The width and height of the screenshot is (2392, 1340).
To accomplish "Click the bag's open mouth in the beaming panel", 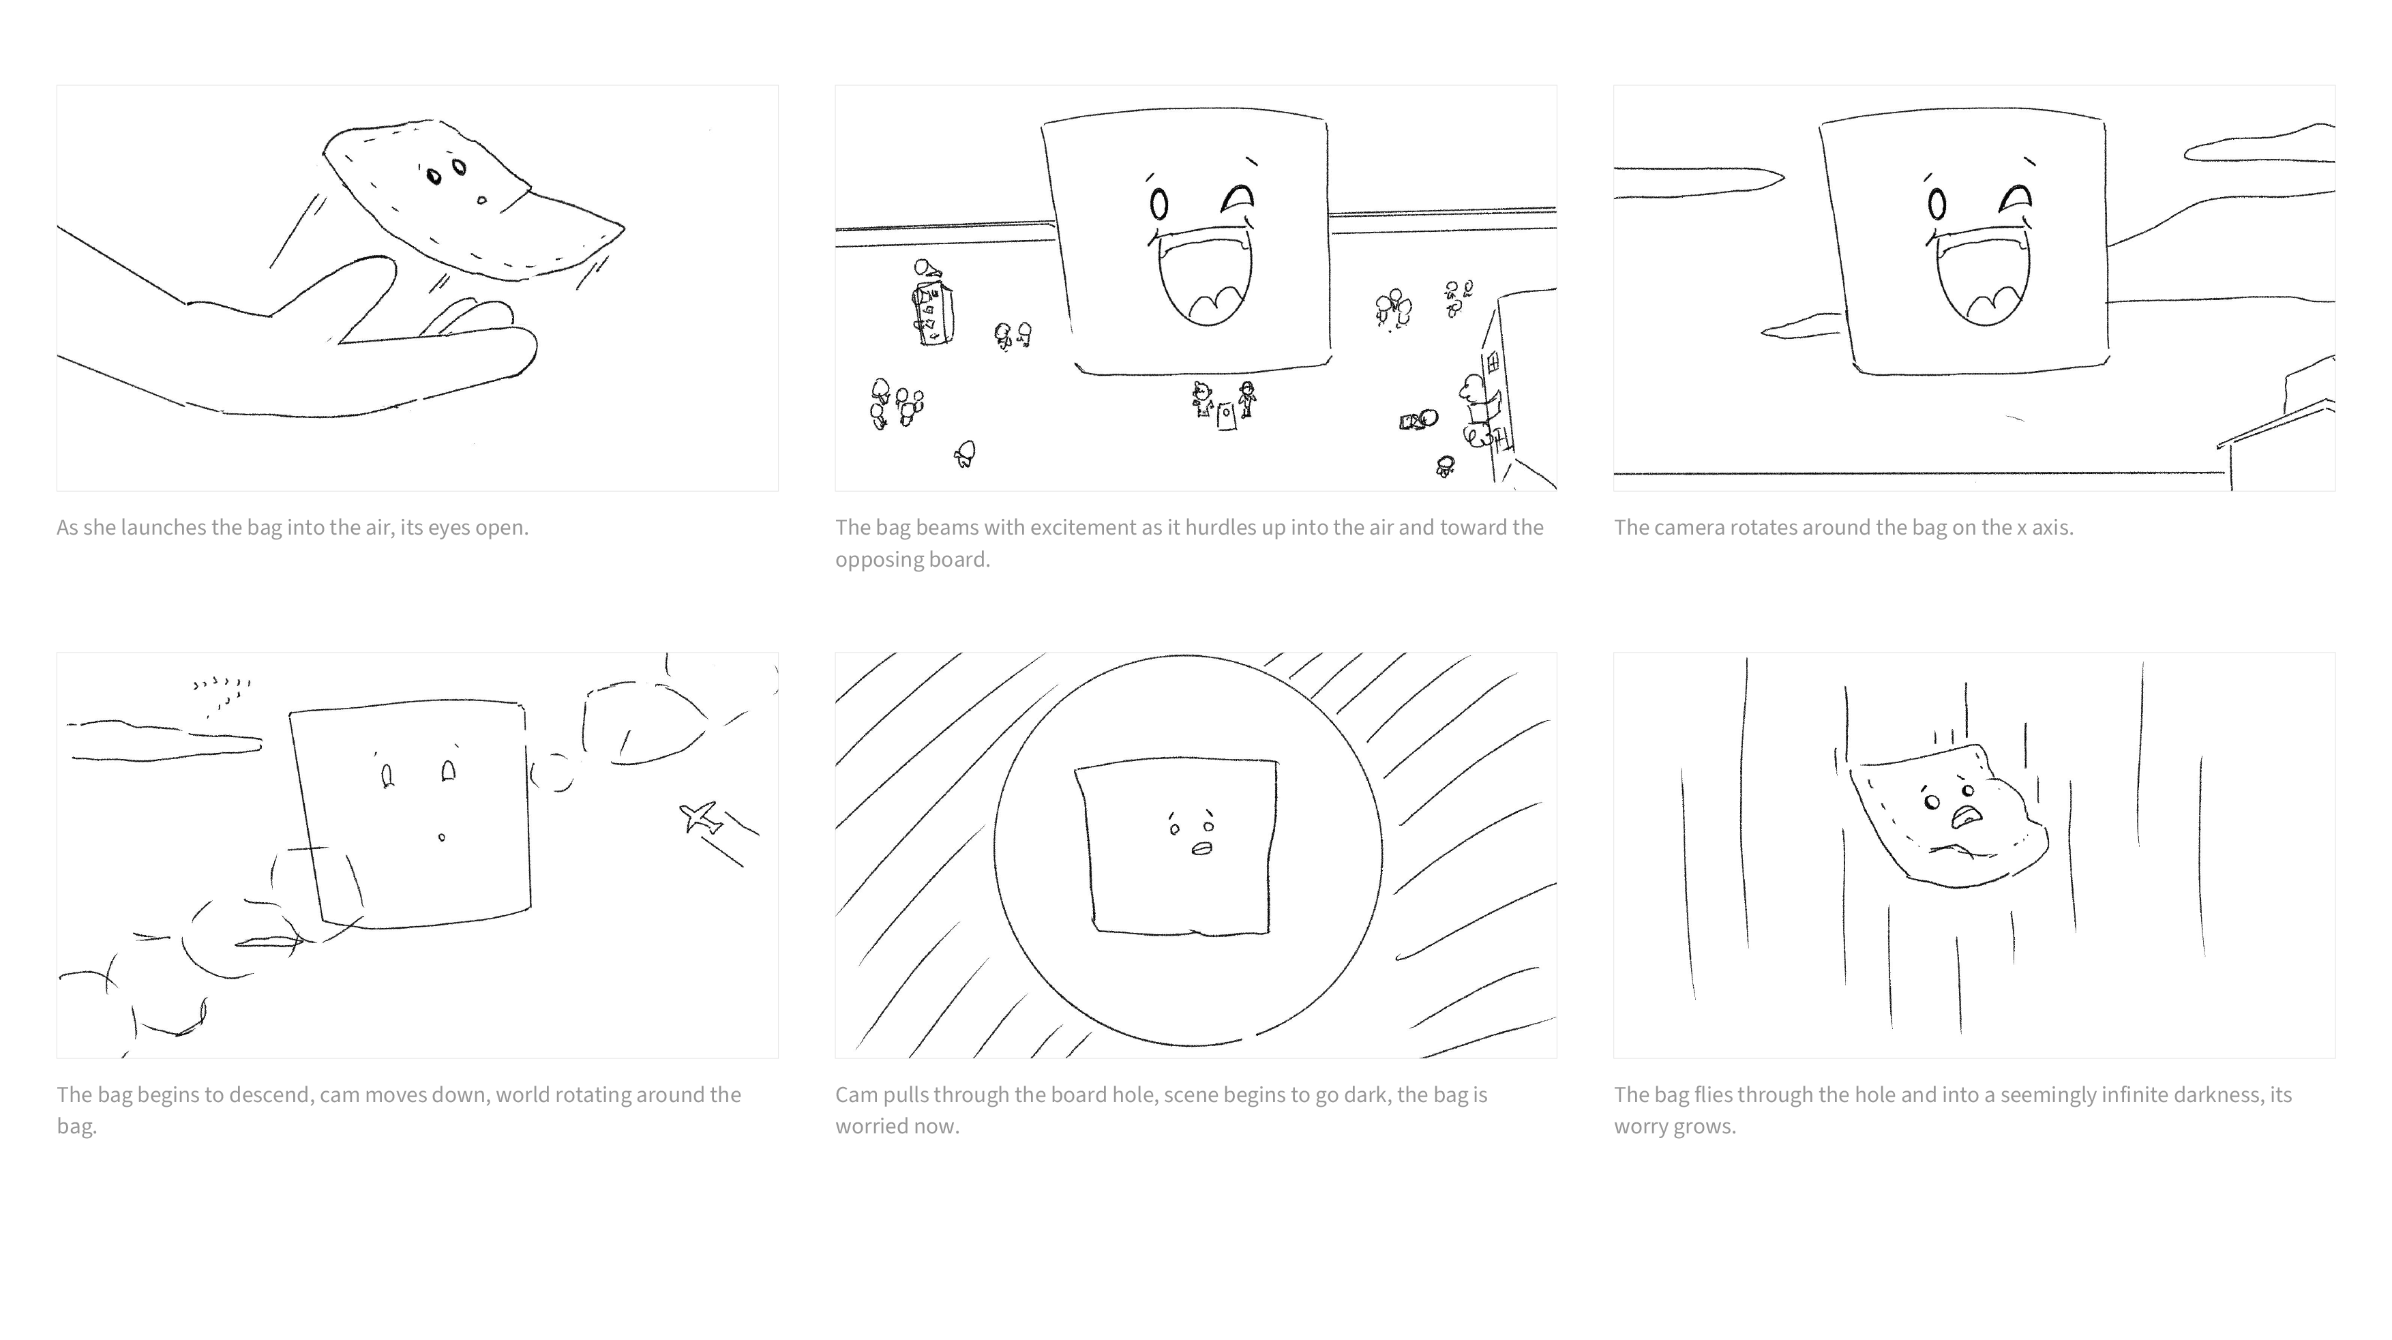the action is tap(1204, 277).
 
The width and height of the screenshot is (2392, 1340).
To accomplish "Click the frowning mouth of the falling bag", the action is tap(1965, 817).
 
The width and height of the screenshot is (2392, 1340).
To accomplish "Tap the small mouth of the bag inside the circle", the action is tap(1201, 848).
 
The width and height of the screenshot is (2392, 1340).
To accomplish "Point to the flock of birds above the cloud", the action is tap(222, 693).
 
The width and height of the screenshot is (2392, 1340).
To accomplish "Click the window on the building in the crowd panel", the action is tap(1492, 362).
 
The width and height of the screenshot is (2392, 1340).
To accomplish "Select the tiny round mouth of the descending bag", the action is tap(442, 837).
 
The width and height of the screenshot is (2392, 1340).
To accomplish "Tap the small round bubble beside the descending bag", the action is tap(552, 773).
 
